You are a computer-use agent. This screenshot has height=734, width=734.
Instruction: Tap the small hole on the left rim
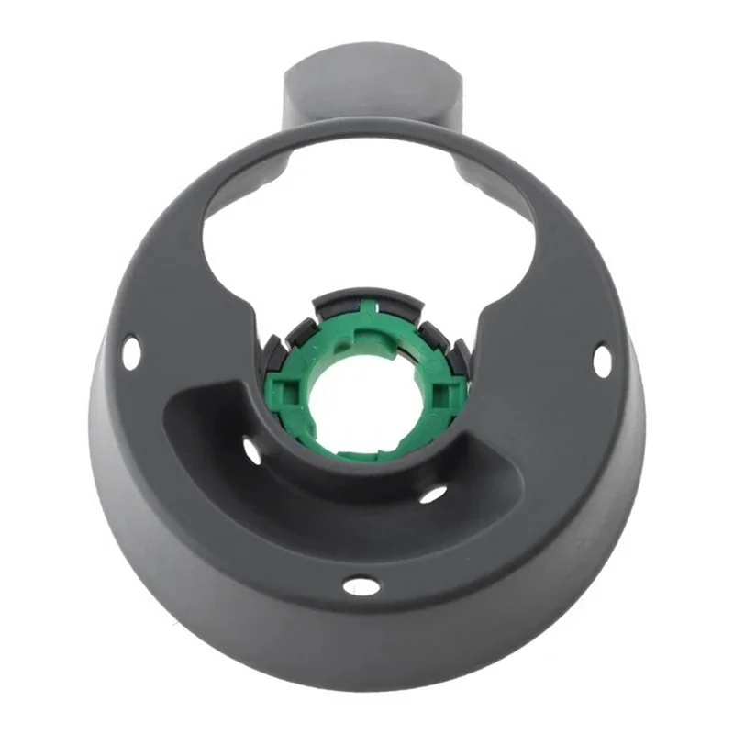[x=132, y=350]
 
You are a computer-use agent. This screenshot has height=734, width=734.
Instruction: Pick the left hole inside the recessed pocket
[x=251, y=450]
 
